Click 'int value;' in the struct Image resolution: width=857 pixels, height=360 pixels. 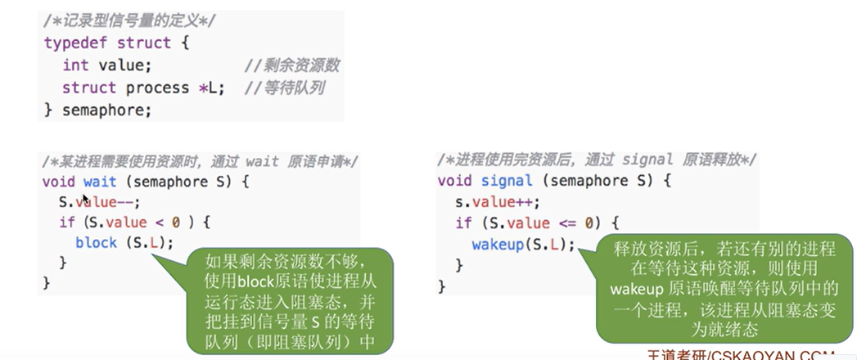tap(106, 65)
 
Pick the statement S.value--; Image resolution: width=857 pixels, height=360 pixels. tap(99, 201)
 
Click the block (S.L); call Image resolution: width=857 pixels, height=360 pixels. tap(124, 242)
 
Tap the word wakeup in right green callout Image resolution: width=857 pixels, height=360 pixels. tap(639, 289)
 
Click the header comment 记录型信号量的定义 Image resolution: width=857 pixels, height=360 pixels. tap(124, 20)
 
